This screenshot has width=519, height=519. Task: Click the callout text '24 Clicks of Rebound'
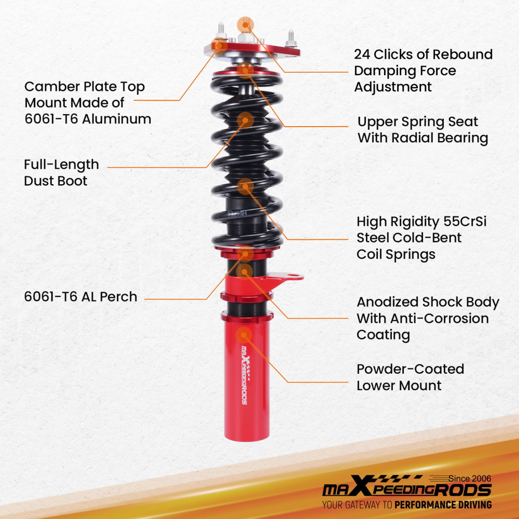point(423,54)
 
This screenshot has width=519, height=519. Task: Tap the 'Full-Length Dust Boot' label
point(61,173)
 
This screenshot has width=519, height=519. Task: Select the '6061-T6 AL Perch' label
point(80,297)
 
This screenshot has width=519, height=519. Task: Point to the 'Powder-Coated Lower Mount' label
point(410,377)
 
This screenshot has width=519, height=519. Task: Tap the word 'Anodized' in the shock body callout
point(388,302)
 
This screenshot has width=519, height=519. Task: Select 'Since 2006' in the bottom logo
point(469,478)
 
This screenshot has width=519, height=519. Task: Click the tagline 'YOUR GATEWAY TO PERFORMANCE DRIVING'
point(406,504)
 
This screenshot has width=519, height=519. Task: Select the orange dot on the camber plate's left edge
point(221,45)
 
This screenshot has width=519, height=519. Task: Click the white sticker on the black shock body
point(237,213)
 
